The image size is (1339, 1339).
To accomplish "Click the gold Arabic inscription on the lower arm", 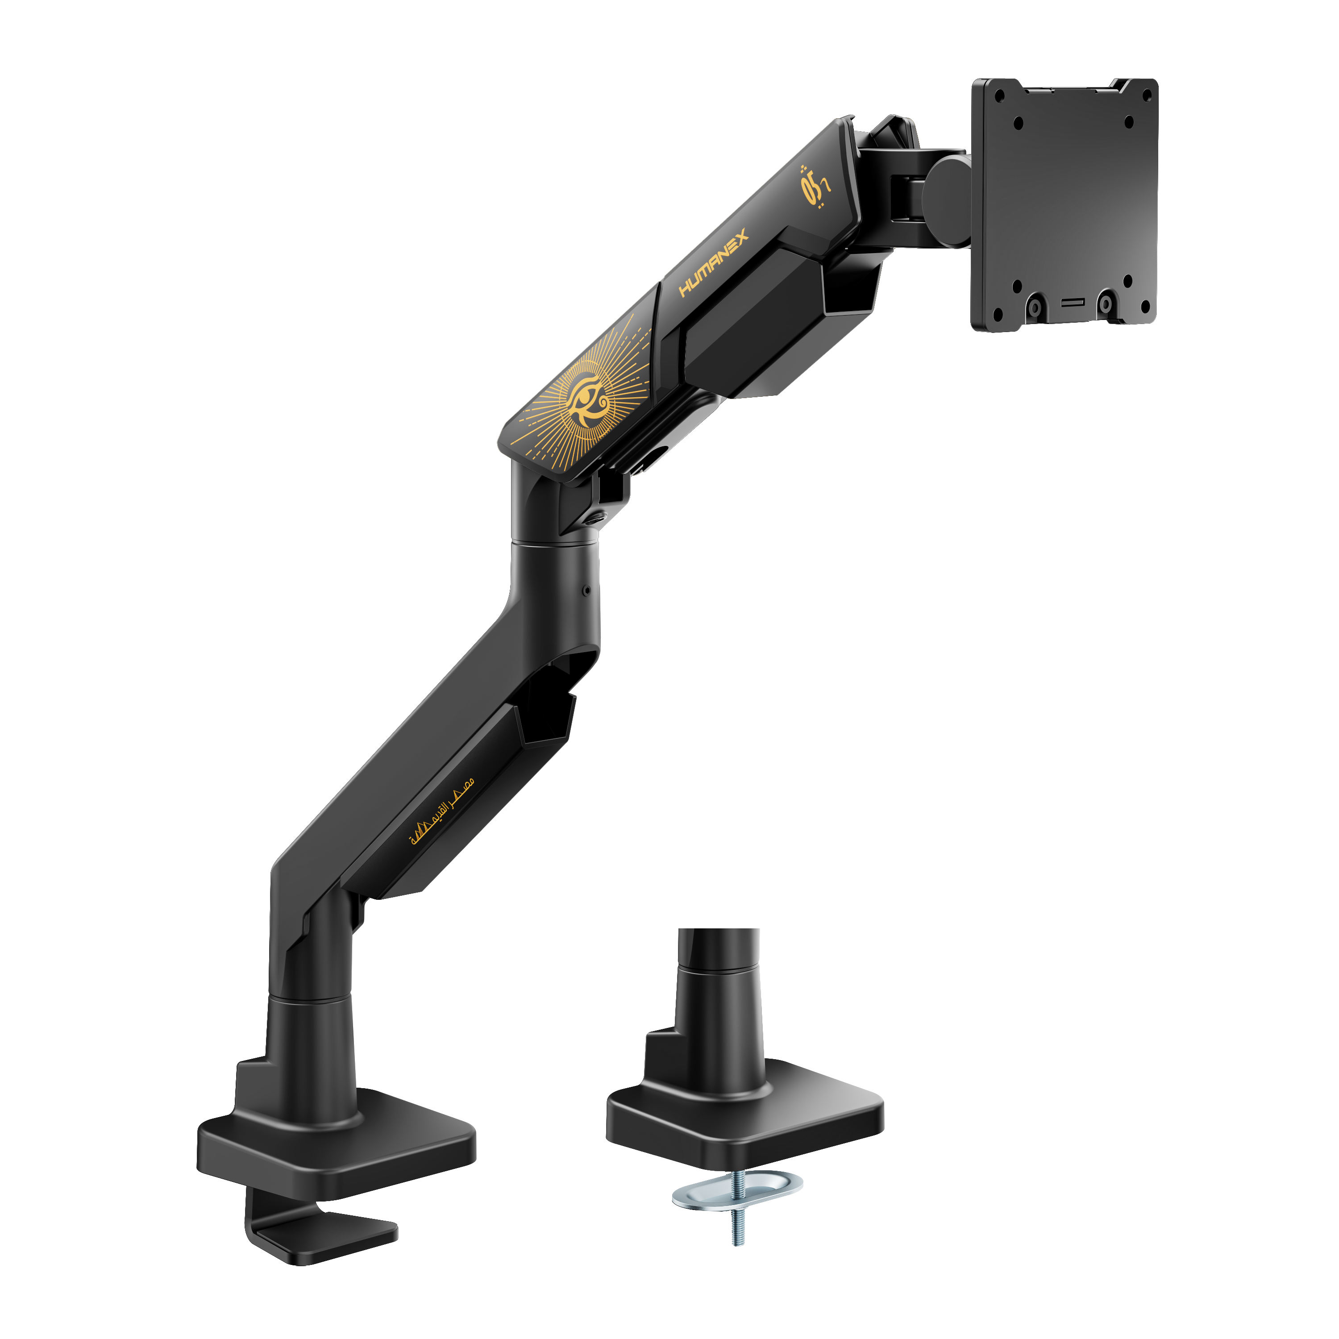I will pos(442,810).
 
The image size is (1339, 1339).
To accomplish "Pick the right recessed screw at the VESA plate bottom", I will pos(1106,304).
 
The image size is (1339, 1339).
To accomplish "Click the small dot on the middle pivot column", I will pos(587,590).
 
